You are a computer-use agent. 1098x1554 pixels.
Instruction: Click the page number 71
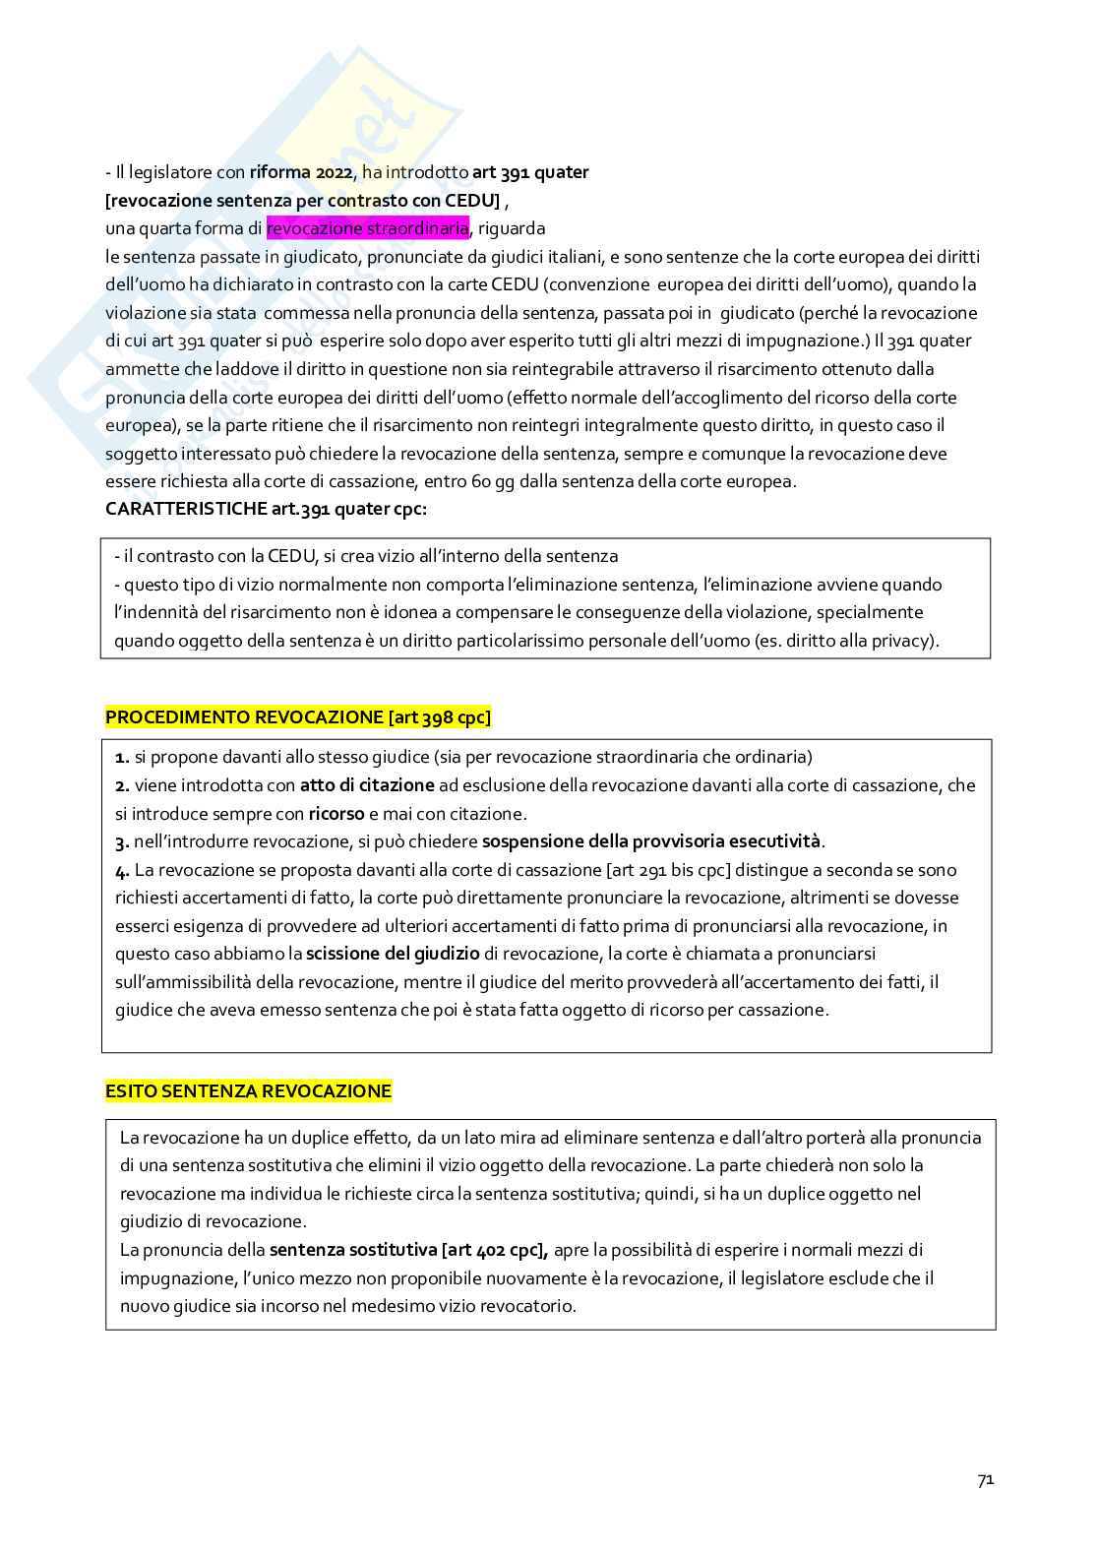tap(985, 1480)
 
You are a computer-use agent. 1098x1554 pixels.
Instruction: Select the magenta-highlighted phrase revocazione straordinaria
tap(367, 228)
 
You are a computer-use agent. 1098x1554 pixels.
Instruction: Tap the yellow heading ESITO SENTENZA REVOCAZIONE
tap(248, 1091)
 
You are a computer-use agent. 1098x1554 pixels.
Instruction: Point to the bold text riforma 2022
tap(301, 172)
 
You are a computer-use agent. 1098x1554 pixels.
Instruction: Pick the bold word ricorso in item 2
tap(336, 814)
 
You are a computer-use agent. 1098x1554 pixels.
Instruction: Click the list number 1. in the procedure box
tap(122, 757)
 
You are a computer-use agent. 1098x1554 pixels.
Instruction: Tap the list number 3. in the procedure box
tap(122, 841)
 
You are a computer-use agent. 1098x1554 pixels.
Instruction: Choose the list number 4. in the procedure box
tap(122, 870)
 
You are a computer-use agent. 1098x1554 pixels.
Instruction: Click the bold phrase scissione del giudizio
tap(393, 954)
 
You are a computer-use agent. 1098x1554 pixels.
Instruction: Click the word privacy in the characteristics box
tap(902, 641)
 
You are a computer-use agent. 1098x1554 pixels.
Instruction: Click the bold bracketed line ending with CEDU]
tap(303, 201)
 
